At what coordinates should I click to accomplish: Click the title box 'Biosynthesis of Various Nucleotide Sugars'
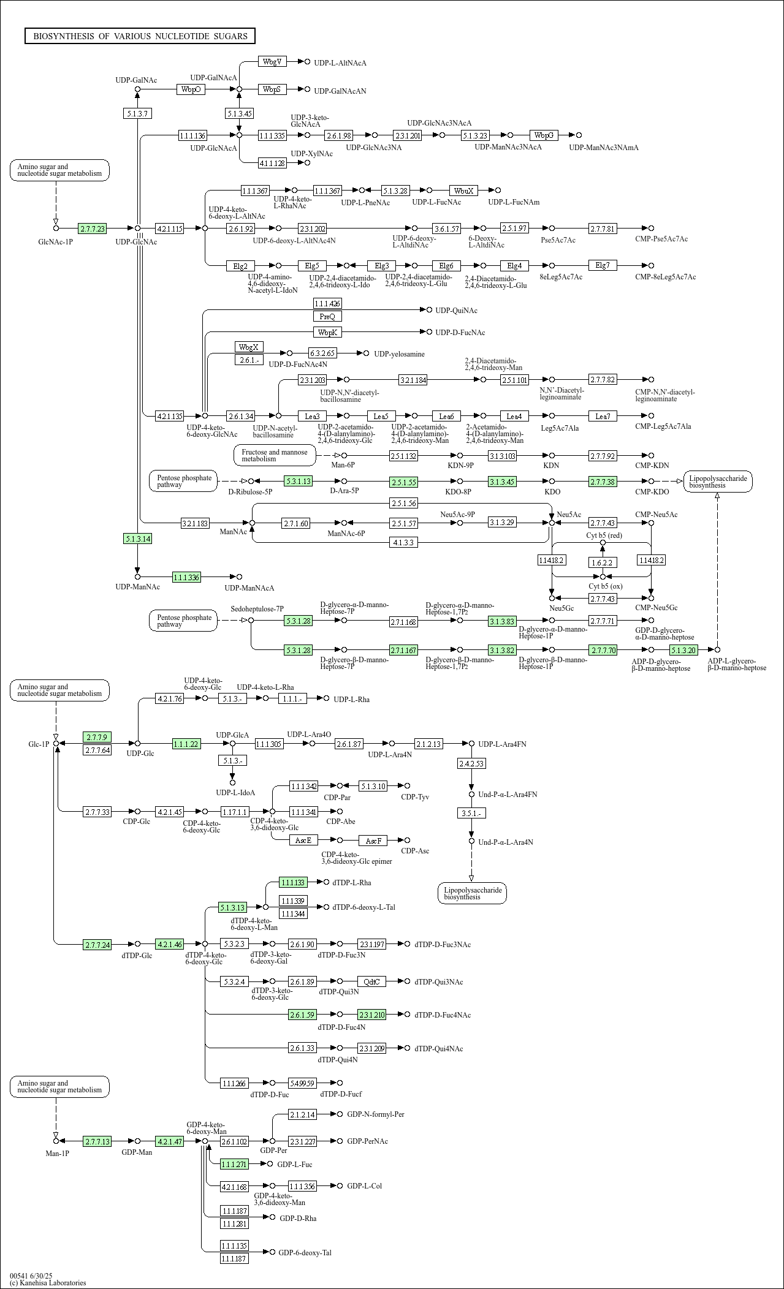point(140,36)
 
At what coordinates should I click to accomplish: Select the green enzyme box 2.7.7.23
point(92,229)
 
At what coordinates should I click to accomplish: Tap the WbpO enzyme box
point(191,89)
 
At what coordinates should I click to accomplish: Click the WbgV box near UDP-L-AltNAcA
point(272,61)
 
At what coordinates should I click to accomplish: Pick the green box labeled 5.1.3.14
point(137,539)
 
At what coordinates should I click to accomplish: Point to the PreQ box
point(327,316)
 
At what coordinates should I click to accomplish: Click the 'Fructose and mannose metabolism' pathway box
point(275,455)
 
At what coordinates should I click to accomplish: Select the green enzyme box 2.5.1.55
point(403,482)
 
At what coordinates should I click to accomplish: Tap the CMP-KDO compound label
point(652,491)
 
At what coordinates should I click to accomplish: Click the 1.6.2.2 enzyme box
point(602,562)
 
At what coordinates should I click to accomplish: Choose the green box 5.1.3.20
point(683,649)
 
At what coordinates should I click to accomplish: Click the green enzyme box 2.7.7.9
point(97,736)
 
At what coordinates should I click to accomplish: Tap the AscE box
point(303,840)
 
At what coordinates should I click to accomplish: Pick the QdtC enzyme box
point(371,981)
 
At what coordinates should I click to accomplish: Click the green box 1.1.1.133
point(293,882)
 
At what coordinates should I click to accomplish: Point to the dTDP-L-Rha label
point(351,882)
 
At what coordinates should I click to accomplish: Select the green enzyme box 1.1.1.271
point(234,1163)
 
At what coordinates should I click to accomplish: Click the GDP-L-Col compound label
point(364,1185)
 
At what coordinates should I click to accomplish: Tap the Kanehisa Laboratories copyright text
point(48,1282)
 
